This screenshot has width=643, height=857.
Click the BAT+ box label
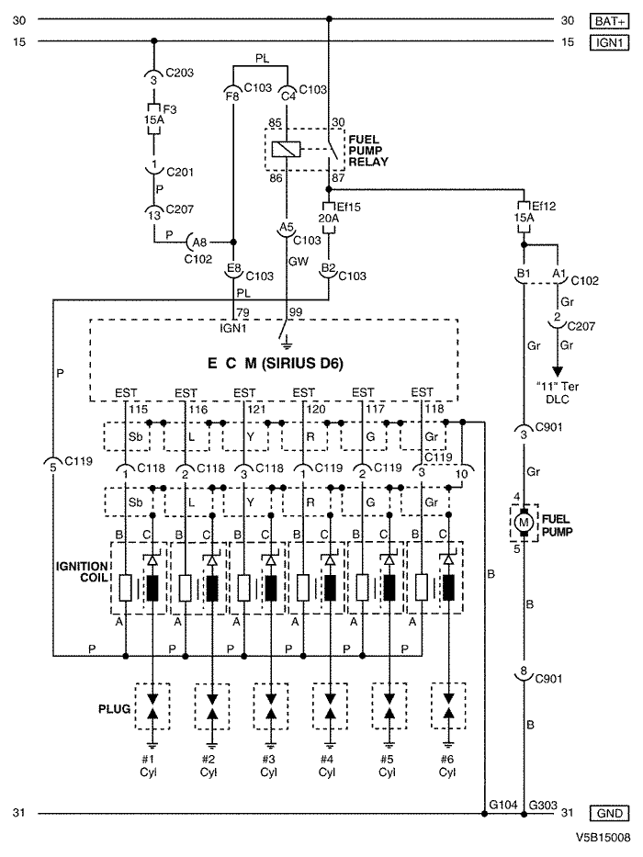click(x=610, y=21)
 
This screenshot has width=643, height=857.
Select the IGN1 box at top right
click(x=610, y=42)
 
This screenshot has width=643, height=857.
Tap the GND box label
click(x=610, y=813)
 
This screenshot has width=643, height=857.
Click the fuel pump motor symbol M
click(x=524, y=522)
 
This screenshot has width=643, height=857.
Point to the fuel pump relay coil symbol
click(x=286, y=149)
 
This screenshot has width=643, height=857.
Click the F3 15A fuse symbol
click(x=153, y=118)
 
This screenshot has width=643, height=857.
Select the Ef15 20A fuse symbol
click(x=329, y=218)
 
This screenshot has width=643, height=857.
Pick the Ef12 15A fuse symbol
click(x=524, y=218)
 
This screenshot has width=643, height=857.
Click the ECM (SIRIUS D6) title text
click(x=275, y=364)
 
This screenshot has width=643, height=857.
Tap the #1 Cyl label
click(x=148, y=766)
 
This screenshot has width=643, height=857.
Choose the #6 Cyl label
click(x=447, y=766)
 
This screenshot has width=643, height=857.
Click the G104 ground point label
click(x=503, y=805)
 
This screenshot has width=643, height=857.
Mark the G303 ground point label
click(x=543, y=805)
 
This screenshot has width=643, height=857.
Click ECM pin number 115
click(x=139, y=410)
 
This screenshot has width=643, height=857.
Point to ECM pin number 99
click(x=295, y=312)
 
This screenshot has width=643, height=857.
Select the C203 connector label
click(x=179, y=73)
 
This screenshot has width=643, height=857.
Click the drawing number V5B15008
click(x=603, y=838)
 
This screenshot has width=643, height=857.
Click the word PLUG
click(x=114, y=709)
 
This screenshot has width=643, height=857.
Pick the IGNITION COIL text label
click(x=82, y=571)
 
